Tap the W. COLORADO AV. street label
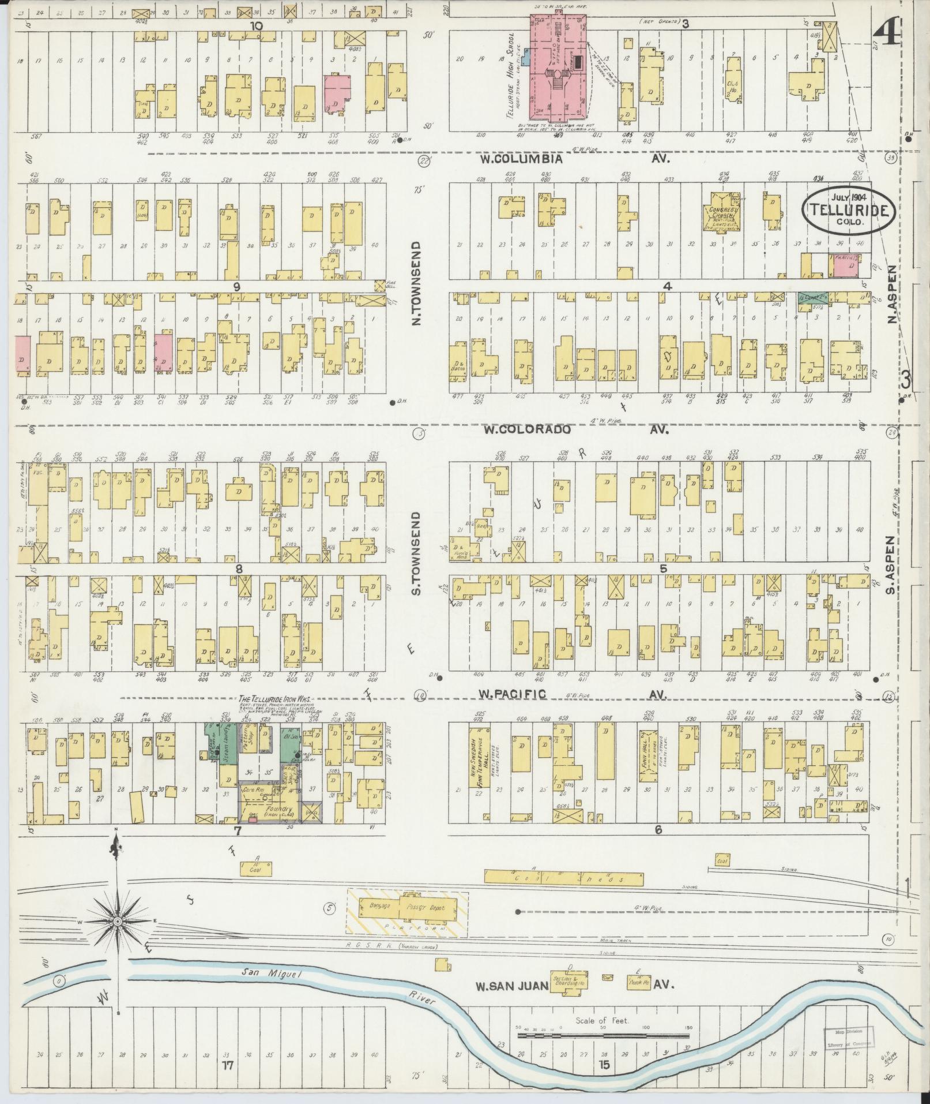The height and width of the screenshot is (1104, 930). [x=574, y=429]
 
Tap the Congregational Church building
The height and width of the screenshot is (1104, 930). [x=721, y=212]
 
